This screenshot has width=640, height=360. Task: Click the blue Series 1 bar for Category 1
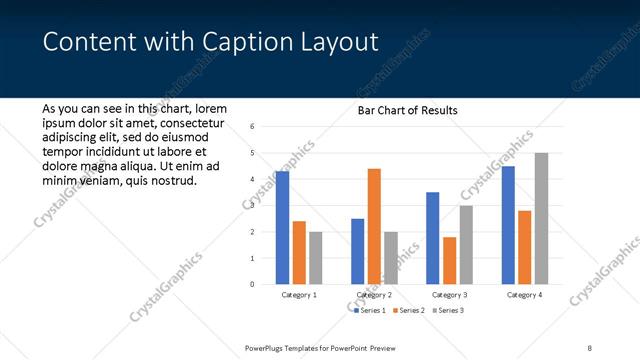click(x=282, y=228)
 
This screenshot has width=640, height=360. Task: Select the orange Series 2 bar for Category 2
click(x=374, y=226)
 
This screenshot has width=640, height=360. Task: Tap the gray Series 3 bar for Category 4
click(x=541, y=218)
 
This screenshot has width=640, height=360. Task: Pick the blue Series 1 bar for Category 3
click(x=433, y=238)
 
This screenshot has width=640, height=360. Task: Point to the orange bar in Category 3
click(x=449, y=260)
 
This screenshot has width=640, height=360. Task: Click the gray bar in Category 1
click(x=315, y=258)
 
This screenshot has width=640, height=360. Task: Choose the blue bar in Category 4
click(x=509, y=225)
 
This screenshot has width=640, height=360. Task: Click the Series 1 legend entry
click(x=371, y=311)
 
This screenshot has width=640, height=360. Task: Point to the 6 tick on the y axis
click(x=253, y=127)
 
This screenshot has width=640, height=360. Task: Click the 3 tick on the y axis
click(x=253, y=206)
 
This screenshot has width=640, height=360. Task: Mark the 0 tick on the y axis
click(x=253, y=284)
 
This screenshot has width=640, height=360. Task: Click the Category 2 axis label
click(x=374, y=295)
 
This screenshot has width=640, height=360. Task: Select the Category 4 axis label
click(x=525, y=295)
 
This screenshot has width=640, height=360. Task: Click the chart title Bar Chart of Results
click(x=407, y=110)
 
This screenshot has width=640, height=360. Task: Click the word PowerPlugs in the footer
click(x=266, y=347)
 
